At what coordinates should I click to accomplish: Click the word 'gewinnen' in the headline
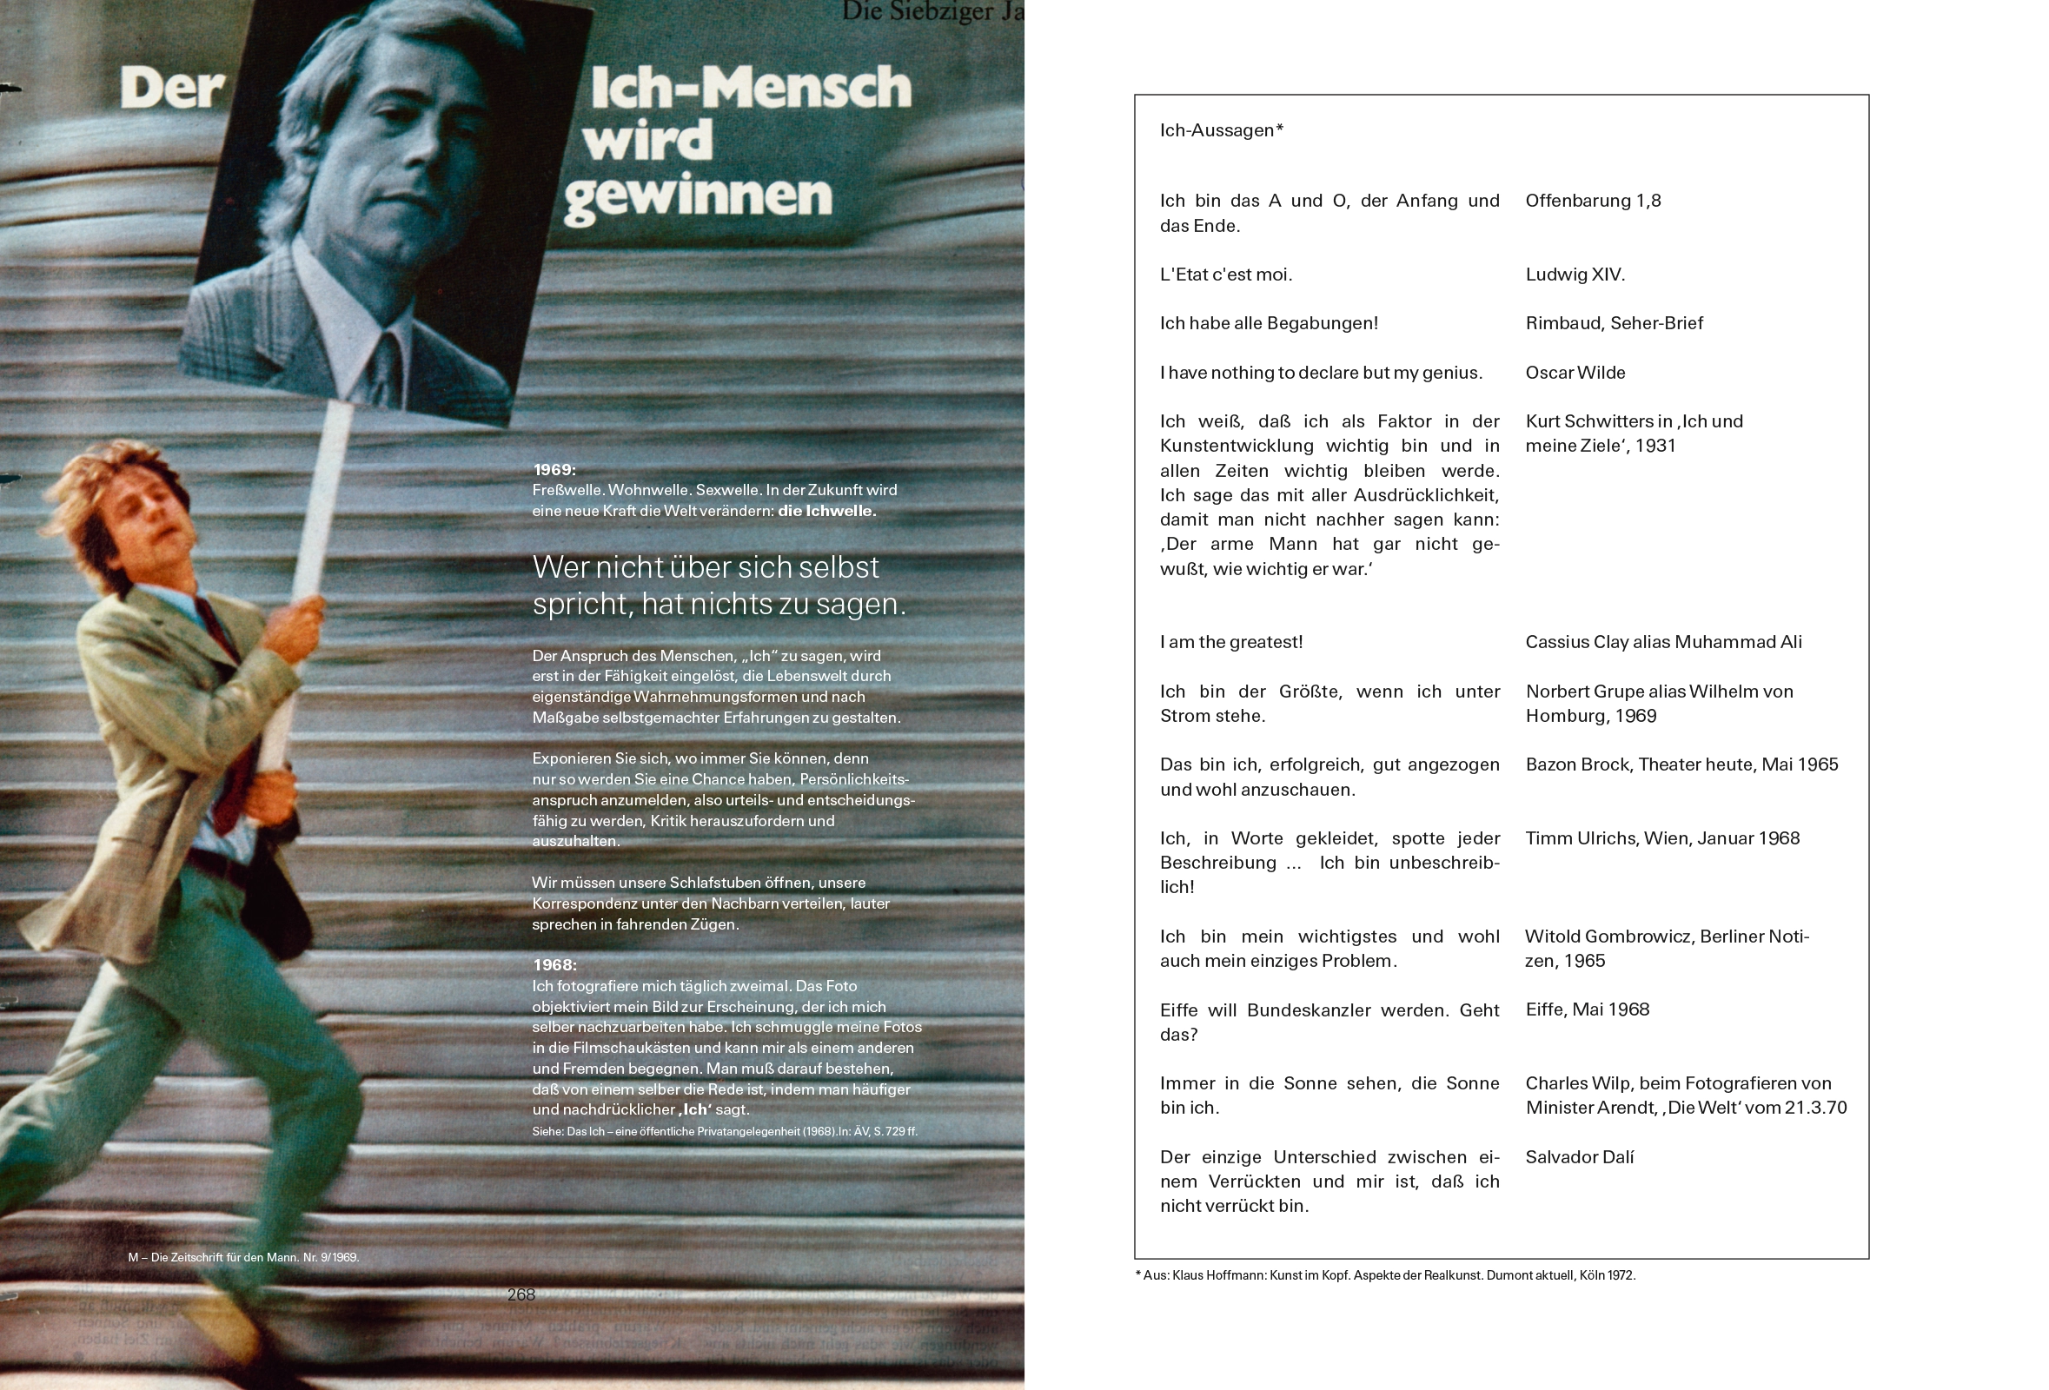point(698,195)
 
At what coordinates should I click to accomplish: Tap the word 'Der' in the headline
point(173,89)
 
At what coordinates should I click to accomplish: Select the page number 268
point(521,1294)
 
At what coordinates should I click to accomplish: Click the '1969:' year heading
point(554,470)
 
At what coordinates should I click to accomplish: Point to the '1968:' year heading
point(554,964)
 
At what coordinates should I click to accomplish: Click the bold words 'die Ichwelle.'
point(826,510)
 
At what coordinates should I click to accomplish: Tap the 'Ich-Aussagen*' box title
point(1221,130)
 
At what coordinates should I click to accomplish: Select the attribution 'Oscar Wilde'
point(1575,372)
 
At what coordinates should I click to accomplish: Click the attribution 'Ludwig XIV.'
point(1575,275)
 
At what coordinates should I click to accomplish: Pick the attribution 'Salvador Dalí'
point(1579,1156)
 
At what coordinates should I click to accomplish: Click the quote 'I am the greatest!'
point(1230,642)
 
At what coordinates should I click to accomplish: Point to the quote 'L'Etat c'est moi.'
point(1225,275)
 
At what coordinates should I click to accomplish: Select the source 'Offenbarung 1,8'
point(1592,200)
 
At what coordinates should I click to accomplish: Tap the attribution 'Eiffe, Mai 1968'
point(1587,1009)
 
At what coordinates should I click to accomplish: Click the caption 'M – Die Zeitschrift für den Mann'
point(243,1257)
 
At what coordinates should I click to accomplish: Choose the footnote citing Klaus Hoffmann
point(1385,1274)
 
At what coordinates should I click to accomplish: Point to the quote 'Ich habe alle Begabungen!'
point(1269,322)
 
